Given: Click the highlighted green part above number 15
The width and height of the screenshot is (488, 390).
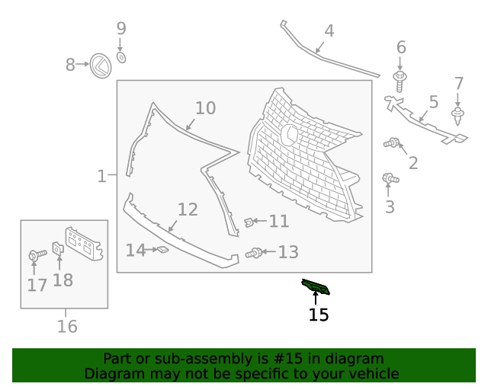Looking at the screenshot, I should (x=316, y=286).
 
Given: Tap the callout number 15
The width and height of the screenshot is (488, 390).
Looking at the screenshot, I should (x=318, y=315).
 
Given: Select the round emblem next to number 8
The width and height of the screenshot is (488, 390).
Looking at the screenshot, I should (x=99, y=66).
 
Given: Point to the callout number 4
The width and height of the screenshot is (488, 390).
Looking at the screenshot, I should (x=329, y=31).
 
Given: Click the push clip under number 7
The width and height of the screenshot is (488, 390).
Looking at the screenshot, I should (x=458, y=116).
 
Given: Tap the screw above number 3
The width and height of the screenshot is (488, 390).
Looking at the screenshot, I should (x=390, y=178).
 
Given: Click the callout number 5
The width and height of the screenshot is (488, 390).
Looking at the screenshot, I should (x=433, y=101).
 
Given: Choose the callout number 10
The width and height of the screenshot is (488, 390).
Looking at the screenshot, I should (x=205, y=108).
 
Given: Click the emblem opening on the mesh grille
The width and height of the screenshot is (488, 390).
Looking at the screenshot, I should (x=290, y=135).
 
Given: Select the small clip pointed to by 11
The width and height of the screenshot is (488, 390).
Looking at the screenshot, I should (x=249, y=222).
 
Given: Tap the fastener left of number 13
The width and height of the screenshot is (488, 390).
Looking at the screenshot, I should (x=254, y=253).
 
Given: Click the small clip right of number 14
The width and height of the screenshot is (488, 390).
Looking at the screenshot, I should (x=161, y=249).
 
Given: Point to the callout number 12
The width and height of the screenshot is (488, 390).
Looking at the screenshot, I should (x=188, y=209).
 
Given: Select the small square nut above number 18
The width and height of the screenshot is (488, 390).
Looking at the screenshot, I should (x=57, y=248).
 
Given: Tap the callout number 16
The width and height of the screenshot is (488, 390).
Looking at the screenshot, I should (x=67, y=327).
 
